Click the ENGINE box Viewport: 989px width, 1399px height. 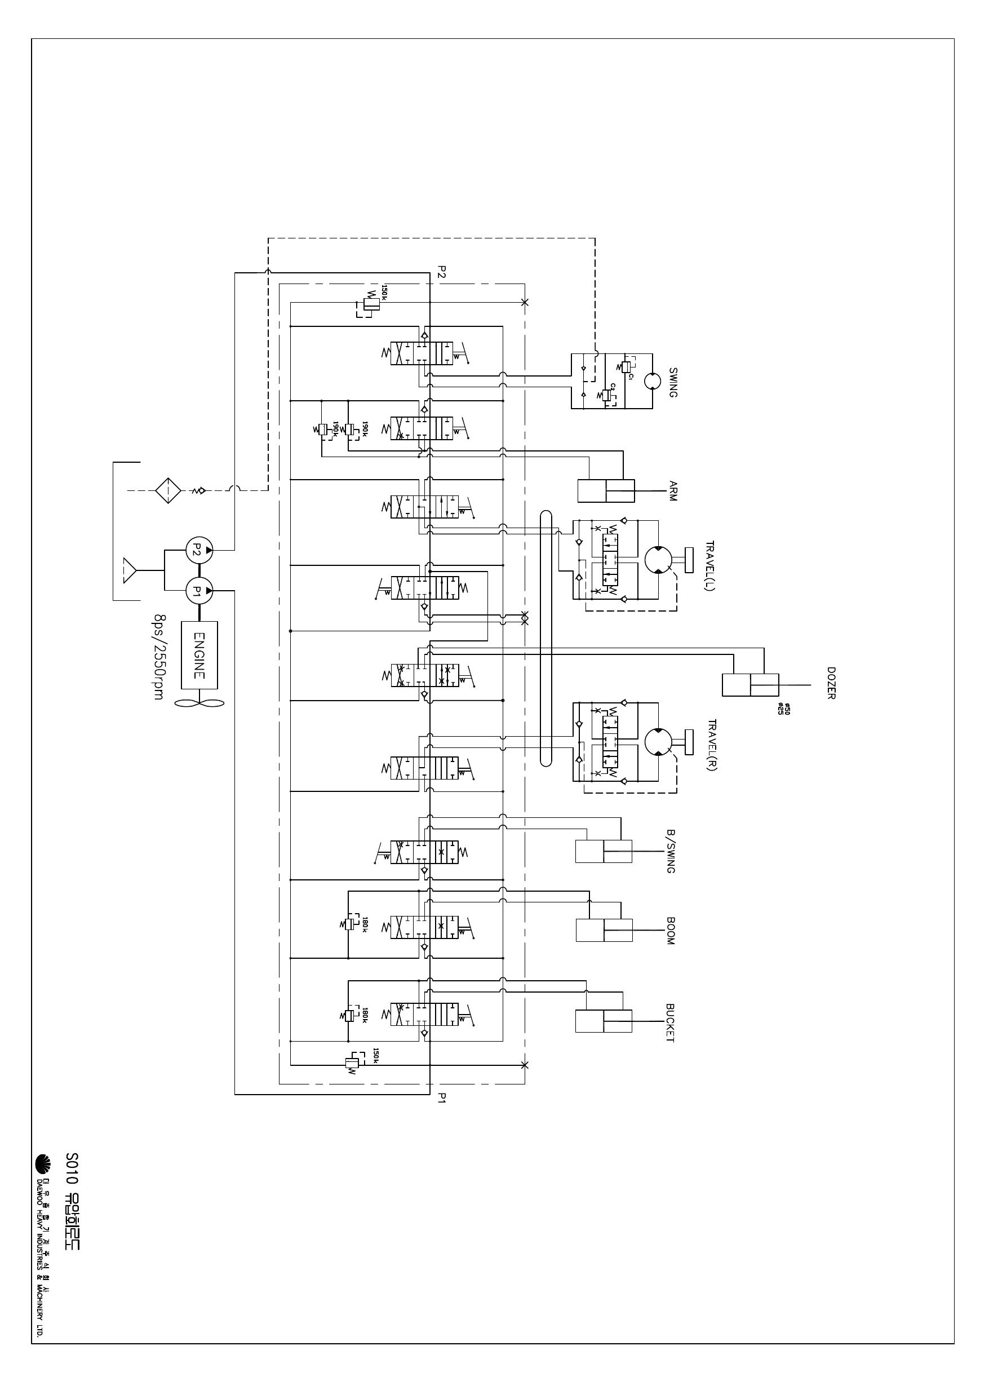pyautogui.click(x=200, y=655)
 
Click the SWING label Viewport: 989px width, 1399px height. pyautogui.click(x=673, y=382)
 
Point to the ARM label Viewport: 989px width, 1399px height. pyautogui.click(x=673, y=491)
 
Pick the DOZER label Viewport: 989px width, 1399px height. pyautogui.click(x=831, y=683)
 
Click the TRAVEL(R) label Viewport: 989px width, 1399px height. pyautogui.click(x=712, y=745)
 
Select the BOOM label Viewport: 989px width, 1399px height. pyautogui.click(x=670, y=931)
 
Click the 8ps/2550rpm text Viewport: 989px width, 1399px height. pyautogui.click(x=159, y=656)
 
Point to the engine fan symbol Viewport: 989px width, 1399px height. pyautogui.click(x=200, y=702)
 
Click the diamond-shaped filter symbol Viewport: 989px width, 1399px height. pyautogui.click(x=167, y=490)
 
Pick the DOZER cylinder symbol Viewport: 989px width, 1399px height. pyautogui.click(x=750, y=685)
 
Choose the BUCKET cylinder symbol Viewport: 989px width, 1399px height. pyautogui.click(x=604, y=1021)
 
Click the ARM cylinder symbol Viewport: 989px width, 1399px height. pyautogui.click(x=606, y=491)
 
